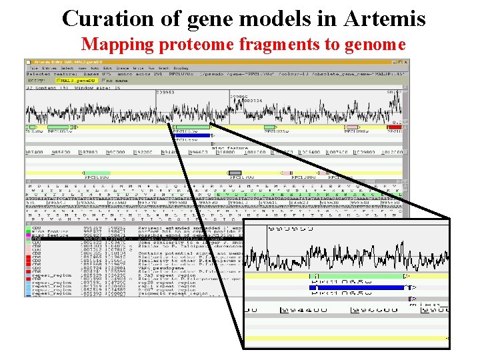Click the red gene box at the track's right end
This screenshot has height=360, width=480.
395,127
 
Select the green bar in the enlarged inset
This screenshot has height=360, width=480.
367,275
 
